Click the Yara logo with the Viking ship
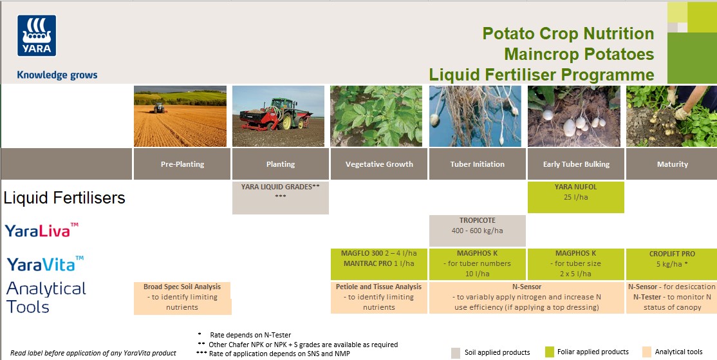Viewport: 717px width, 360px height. coord(37,36)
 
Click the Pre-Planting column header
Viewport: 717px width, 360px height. coord(182,164)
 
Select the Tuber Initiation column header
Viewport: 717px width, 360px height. coord(477,164)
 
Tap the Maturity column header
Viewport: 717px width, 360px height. coord(672,164)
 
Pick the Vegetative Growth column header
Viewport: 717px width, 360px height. coord(379,164)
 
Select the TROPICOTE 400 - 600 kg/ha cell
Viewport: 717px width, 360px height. coord(477,231)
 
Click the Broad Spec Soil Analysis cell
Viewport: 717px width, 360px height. coord(182,298)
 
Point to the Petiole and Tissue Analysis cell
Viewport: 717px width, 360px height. coord(379,298)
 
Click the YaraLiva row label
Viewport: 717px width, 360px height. coord(42,230)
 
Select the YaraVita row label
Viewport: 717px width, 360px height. coord(45,263)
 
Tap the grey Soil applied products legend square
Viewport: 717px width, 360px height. coord(456,352)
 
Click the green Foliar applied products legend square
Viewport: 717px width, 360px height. coord(549,352)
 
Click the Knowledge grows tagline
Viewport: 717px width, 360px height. coord(57,75)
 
